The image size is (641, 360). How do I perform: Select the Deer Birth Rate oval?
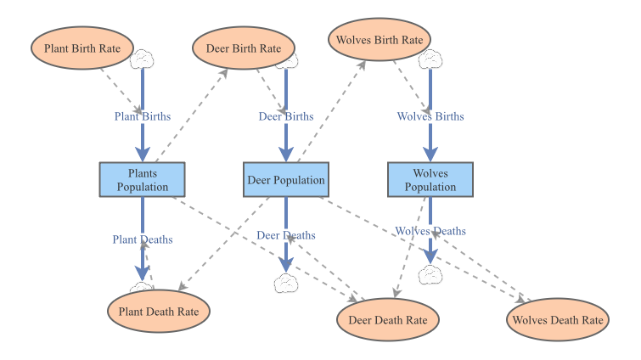[244, 48]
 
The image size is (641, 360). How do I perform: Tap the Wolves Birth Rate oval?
[380, 40]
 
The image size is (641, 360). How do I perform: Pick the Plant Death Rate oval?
[159, 312]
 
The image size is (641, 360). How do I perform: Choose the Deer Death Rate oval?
[388, 320]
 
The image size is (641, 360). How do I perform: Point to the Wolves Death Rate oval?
[558, 320]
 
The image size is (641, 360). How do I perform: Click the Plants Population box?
[143, 180]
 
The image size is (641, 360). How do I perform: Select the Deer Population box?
[286, 180]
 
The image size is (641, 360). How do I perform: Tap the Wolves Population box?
[430, 180]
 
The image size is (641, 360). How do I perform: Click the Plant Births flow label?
[143, 116]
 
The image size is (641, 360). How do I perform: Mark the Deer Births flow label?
[286, 116]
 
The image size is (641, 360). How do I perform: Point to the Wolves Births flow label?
[430, 116]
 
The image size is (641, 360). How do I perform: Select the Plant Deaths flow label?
[143, 239]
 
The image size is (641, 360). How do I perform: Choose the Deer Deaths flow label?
[286, 235]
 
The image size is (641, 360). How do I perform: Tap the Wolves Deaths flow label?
[430, 231]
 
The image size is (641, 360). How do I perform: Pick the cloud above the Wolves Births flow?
[430, 59]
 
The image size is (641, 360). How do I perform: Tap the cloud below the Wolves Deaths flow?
[430, 275]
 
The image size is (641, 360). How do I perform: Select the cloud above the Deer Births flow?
[289, 60]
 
